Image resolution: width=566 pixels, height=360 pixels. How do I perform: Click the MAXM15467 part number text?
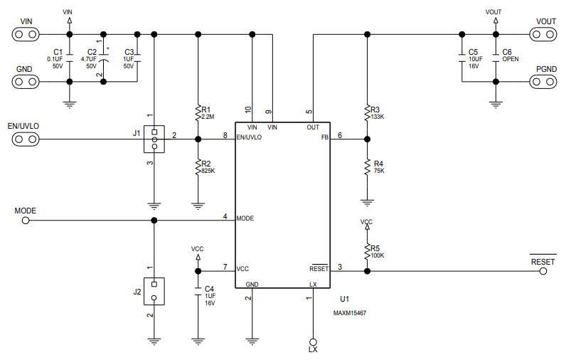pyautogui.click(x=350, y=312)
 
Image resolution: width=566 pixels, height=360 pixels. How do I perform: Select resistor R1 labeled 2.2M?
pyautogui.click(x=198, y=112)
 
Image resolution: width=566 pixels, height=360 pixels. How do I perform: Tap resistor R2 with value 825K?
pyautogui.click(x=198, y=166)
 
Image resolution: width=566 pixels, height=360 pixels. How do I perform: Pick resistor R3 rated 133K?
pyautogui.click(x=367, y=112)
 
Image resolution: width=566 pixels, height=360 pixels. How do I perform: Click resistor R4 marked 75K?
pyautogui.click(x=367, y=167)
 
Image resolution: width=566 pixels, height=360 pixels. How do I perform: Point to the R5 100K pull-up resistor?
pyautogui.click(x=367, y=250)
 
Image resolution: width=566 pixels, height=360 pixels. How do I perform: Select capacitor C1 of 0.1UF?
pyautogui.click(x=69, y=57)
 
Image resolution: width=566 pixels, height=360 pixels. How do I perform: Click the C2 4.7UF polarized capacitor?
pyautogui.click(x=104, y=57)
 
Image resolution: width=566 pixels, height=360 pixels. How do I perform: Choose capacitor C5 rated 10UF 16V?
pyautogui.click(x=463, y=57)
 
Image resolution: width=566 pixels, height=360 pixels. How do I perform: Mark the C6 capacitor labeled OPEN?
pyautogui.click(x=497, y=57)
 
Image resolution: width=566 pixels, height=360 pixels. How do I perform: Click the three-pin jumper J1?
pyautogui.click(x=154, y=139)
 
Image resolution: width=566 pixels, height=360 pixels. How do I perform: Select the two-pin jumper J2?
pyautogui.click(x=154, y=290)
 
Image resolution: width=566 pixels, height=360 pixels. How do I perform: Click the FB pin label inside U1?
pyautogui.click(x=324, y=137)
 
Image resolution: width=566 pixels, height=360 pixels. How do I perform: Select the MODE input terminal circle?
pyautogui.click(x=26, y=221)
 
